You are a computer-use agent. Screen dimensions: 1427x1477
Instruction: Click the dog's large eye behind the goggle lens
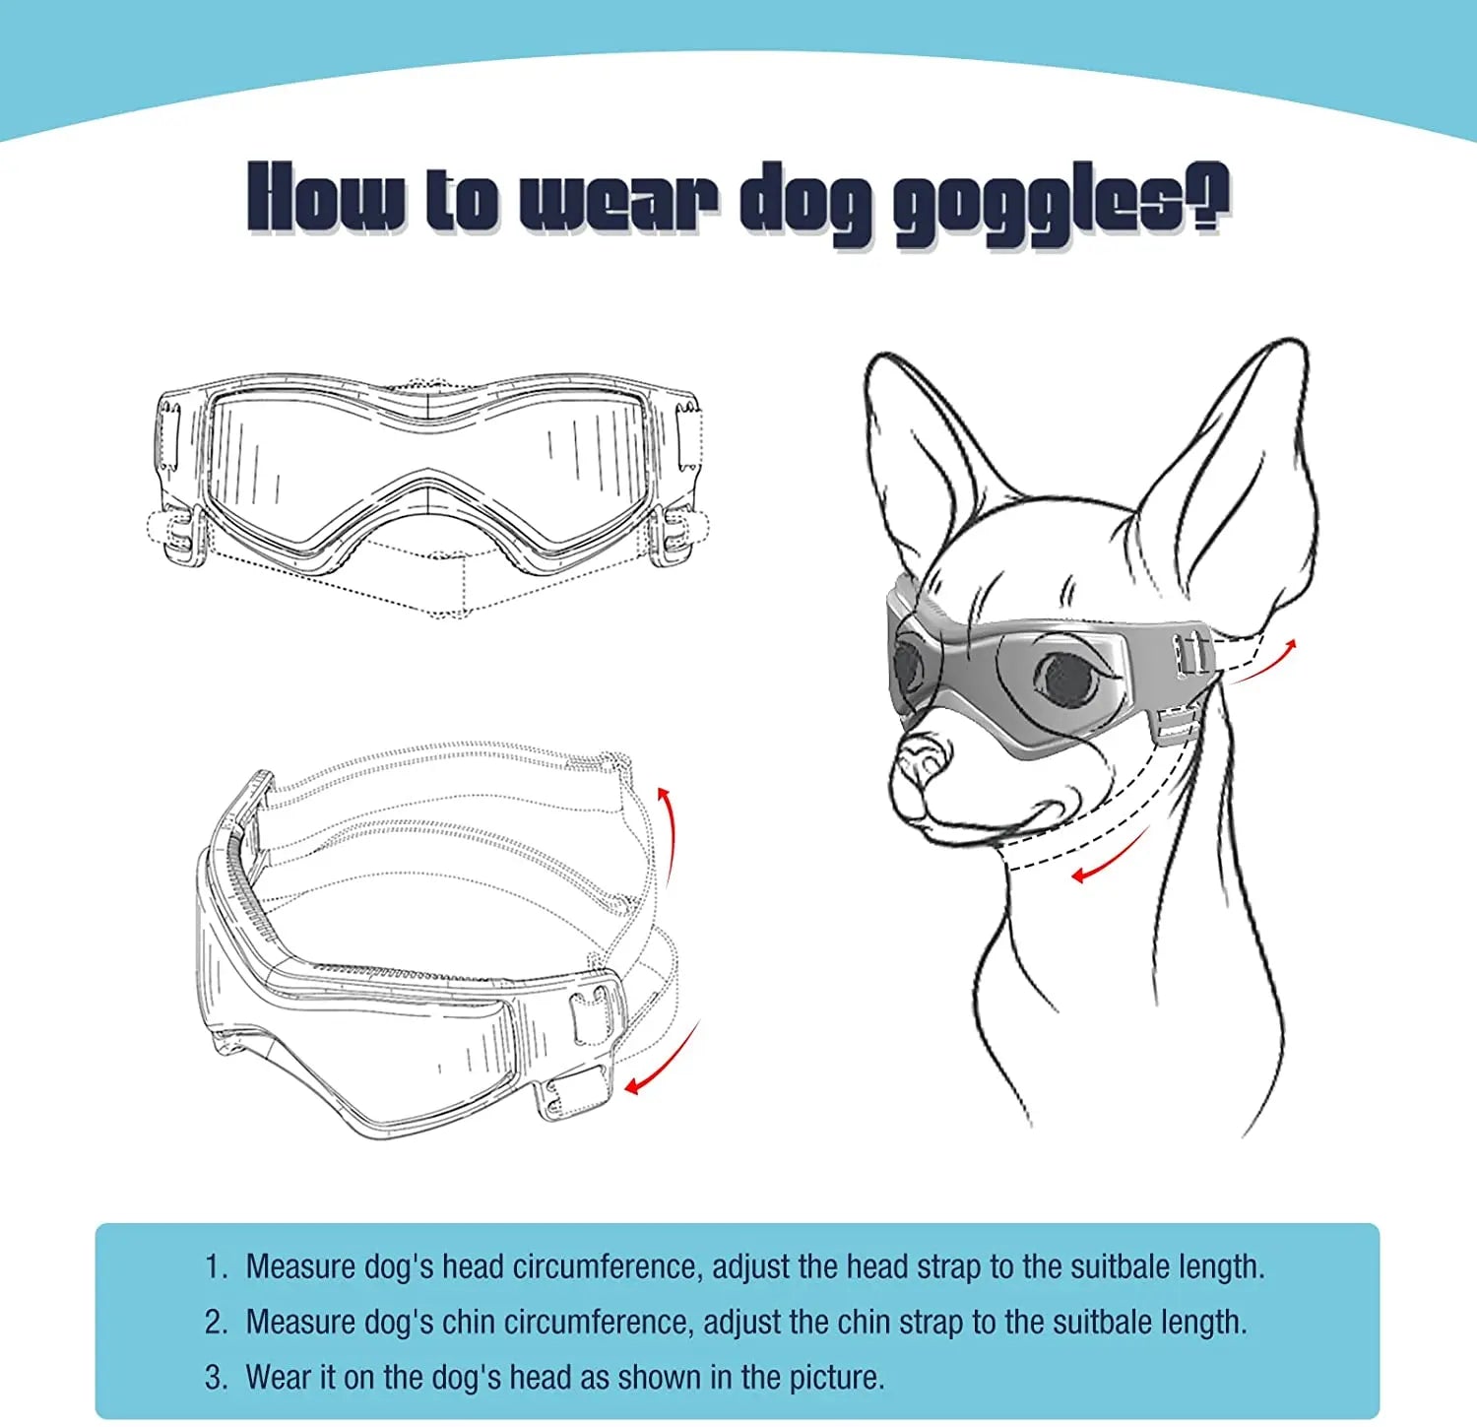coord(1067,679)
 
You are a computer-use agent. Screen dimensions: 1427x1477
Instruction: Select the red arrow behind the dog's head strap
coord(1265,660)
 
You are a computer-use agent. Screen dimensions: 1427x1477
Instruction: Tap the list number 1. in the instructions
coord(216,1266)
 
